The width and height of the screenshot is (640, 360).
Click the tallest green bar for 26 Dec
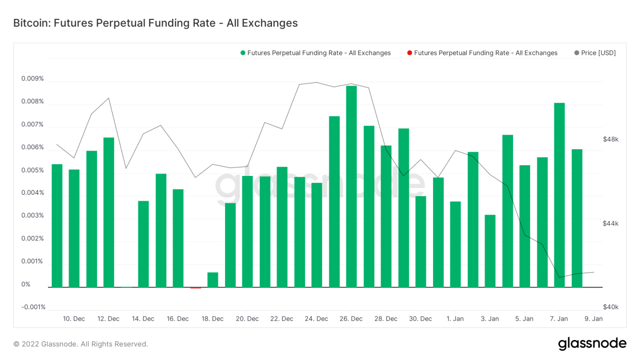[x=351, y=187]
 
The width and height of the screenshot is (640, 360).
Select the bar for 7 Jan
[x=559, y=195]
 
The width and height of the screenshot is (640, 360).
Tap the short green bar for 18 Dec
[x=212, y=280]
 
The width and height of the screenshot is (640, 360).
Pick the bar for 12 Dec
[x=109, y=212]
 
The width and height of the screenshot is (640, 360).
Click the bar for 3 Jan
[x=490, y=251]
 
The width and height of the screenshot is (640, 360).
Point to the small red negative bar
[x=195, y=288]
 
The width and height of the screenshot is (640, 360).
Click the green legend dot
[x=242, y=53]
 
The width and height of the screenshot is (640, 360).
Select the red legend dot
[x=410, y=53]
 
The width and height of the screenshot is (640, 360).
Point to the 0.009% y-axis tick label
[x=32, y=78]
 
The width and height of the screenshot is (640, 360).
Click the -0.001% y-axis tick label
[x=33, y=307]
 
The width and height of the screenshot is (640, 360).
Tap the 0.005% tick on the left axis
[x=32, y=170]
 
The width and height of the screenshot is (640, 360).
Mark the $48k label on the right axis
[x=610, y=139]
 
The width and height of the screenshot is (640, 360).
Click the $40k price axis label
[x=610, y=307]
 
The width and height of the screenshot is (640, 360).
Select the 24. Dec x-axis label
[x=316, y=319]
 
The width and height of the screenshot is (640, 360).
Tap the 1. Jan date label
[x=455, y=319]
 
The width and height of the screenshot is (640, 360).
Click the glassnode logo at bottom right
[x=592, y=344]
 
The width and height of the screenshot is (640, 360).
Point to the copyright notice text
[x=80, y=344]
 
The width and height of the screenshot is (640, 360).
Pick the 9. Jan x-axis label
[x=593, y=319]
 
